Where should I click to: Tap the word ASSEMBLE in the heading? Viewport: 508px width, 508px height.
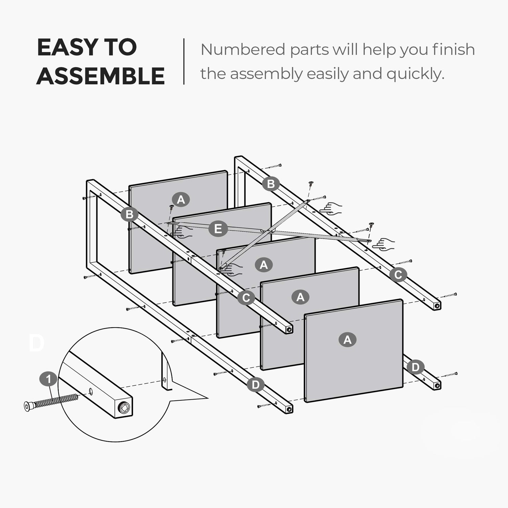tap(101, 76)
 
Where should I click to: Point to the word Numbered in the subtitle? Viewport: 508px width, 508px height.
tap(244, 49)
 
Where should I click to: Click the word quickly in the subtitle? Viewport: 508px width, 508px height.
tap(415, 74)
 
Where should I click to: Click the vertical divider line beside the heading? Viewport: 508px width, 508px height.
tap(184, 61)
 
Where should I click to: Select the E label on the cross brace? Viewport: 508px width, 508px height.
tap(218, 229)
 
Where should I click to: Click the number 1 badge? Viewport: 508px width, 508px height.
tap(48, 379)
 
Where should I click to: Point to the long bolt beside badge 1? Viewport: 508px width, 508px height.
tap(52, 401)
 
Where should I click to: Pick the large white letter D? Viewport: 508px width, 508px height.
tap(37, 343)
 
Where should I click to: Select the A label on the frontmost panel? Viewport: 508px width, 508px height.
tap(347, 339)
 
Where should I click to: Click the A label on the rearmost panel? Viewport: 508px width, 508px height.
tap(181, 199)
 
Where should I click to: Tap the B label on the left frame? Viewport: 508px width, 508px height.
tap(129, 214)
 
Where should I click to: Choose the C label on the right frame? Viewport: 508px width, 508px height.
tap(398, 275)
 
